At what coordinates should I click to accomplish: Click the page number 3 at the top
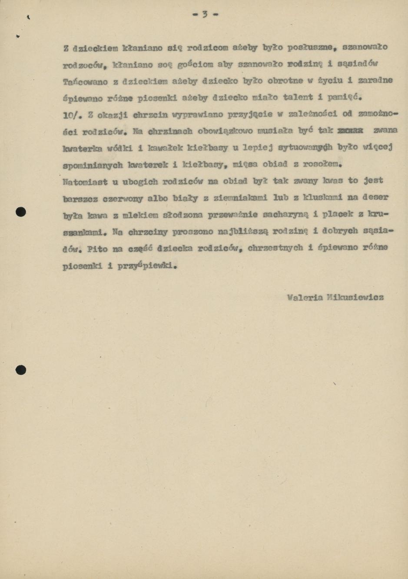point(205,14)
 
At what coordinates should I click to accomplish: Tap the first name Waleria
point(305,298)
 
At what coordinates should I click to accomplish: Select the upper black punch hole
point(20,212)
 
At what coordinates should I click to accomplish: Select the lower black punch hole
point(20,370)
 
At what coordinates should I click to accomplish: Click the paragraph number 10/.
point(73,115)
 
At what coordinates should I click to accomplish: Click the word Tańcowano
point(85,81)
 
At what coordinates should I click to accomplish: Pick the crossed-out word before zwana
point(350,131)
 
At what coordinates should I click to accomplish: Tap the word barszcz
point(80,198)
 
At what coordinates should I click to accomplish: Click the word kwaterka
point(82,148)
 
